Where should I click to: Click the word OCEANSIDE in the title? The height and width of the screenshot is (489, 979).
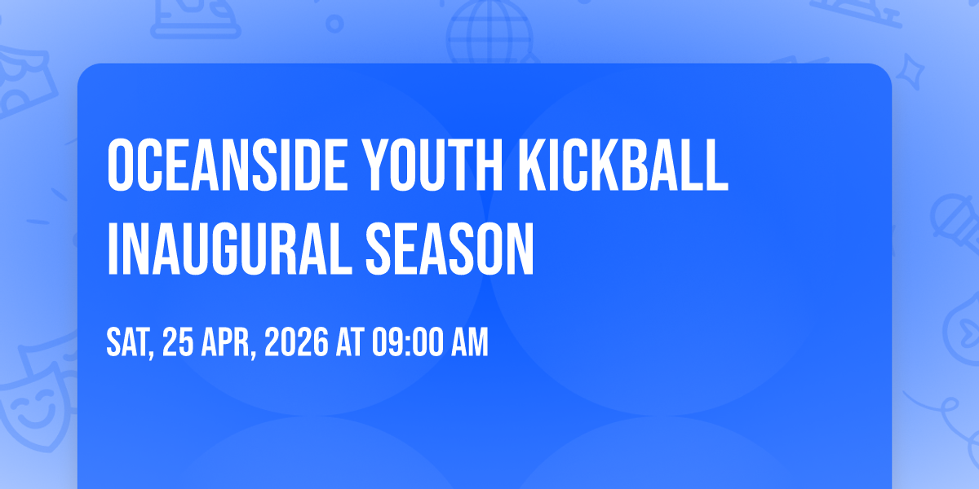pos(228,165)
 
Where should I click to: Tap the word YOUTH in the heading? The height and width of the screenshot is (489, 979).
pos(434,165)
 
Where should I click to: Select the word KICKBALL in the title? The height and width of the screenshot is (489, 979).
pos(623,165)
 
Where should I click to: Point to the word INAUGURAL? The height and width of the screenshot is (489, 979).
pos(229,249)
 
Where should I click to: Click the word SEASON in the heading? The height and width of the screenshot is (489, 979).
pos(450,249)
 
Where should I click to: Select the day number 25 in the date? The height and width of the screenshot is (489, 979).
pos(178,343)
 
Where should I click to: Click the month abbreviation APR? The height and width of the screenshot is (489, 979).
pos(225,343)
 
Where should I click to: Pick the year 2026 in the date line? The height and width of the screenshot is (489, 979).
pos(296,343)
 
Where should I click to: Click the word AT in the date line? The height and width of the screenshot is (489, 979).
pos(350,343)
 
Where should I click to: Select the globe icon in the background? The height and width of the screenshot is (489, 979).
pos(490,31)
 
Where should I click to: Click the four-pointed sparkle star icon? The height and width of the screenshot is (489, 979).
pos(910,72)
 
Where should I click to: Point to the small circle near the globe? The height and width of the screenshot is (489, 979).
pos(334,24)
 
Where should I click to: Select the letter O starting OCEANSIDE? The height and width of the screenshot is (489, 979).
pos(120,165)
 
